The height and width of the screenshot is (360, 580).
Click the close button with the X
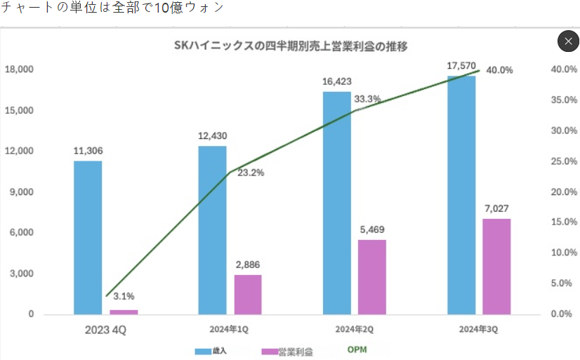tap(567, 41)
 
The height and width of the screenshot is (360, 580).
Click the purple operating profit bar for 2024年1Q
tap(248, 294)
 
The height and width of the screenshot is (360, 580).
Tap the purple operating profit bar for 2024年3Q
tap(496, 266)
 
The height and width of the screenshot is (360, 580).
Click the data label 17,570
tap(461, 66)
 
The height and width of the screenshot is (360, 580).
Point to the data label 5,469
tap(372, 229)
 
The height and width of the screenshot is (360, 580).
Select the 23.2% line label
tap(251, 173)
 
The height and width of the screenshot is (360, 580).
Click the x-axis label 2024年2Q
tap(353, 328)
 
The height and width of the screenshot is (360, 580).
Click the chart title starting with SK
tap(291, 47)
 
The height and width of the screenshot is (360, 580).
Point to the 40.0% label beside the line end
tap(499, 70)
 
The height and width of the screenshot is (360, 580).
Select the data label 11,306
tap(88, 151)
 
